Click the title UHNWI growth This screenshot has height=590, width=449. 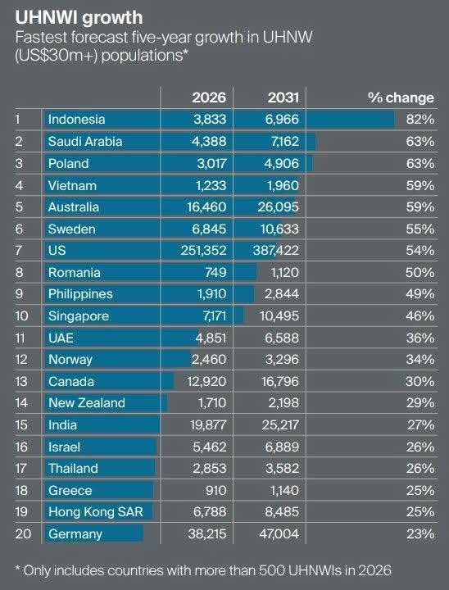click(x=79, y=18)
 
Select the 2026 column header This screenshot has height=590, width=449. click(x=209, y=98)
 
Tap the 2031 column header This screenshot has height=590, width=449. click(x=283, y=98)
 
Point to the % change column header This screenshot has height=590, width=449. click(x=401, y=98)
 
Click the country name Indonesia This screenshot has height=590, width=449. click(x=76, y=120)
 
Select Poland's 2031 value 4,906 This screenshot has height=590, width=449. click(x=281, y=164)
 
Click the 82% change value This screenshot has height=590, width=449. click(x=420, y=120)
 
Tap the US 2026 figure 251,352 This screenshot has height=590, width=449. click(x=203, y=251)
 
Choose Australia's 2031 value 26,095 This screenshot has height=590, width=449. click(x=278, y=207)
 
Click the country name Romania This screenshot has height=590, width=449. click(x=74, y=272)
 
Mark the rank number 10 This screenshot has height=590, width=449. click(x=22, y=316)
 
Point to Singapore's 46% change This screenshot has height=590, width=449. click(x=420, y=316)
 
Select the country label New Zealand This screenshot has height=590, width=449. click(x=87, y=403)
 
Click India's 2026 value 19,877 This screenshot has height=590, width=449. click(x=208, y=425)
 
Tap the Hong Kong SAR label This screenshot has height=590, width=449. click(x=96, y=512)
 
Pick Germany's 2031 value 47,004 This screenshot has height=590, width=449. click(x=279, y=534)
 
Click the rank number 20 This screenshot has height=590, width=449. click(x=23, y=534)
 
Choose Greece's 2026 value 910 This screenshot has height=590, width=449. click(x=215, y=491)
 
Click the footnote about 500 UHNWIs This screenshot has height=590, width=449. click(x=203, y=570)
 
